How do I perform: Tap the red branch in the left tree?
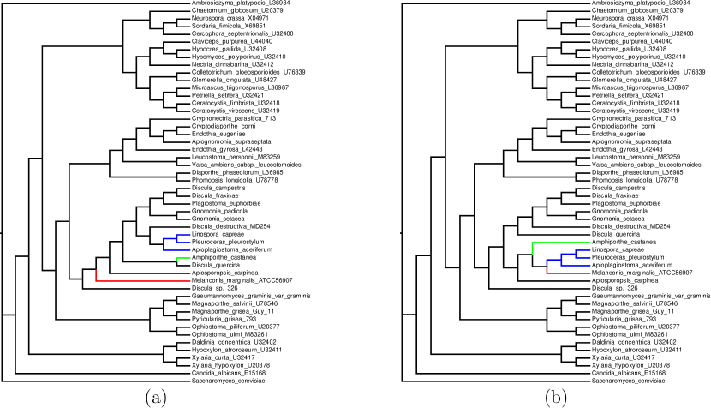tap(128, 279)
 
